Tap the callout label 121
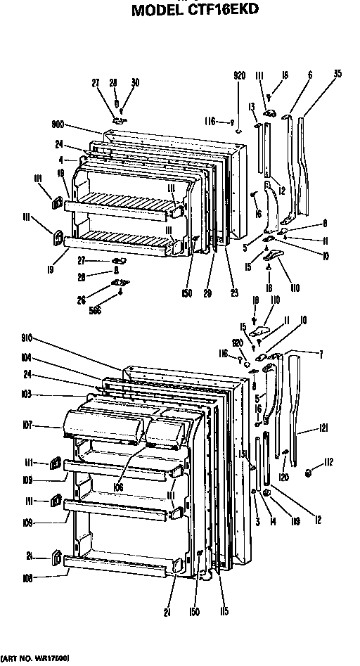click(323, 427)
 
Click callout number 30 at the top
click(135, 83)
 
